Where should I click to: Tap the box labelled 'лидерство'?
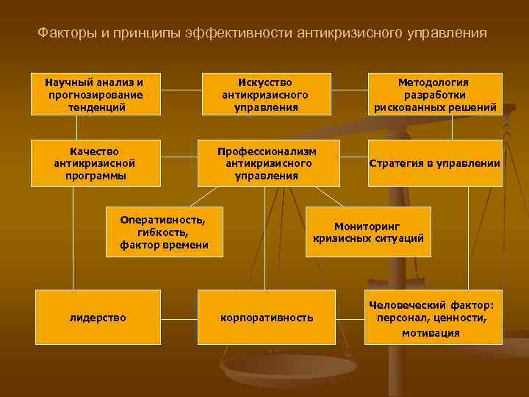click(98, 317)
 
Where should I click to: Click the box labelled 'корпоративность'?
click(267, 317)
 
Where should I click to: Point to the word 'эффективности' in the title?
click(248, 33)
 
